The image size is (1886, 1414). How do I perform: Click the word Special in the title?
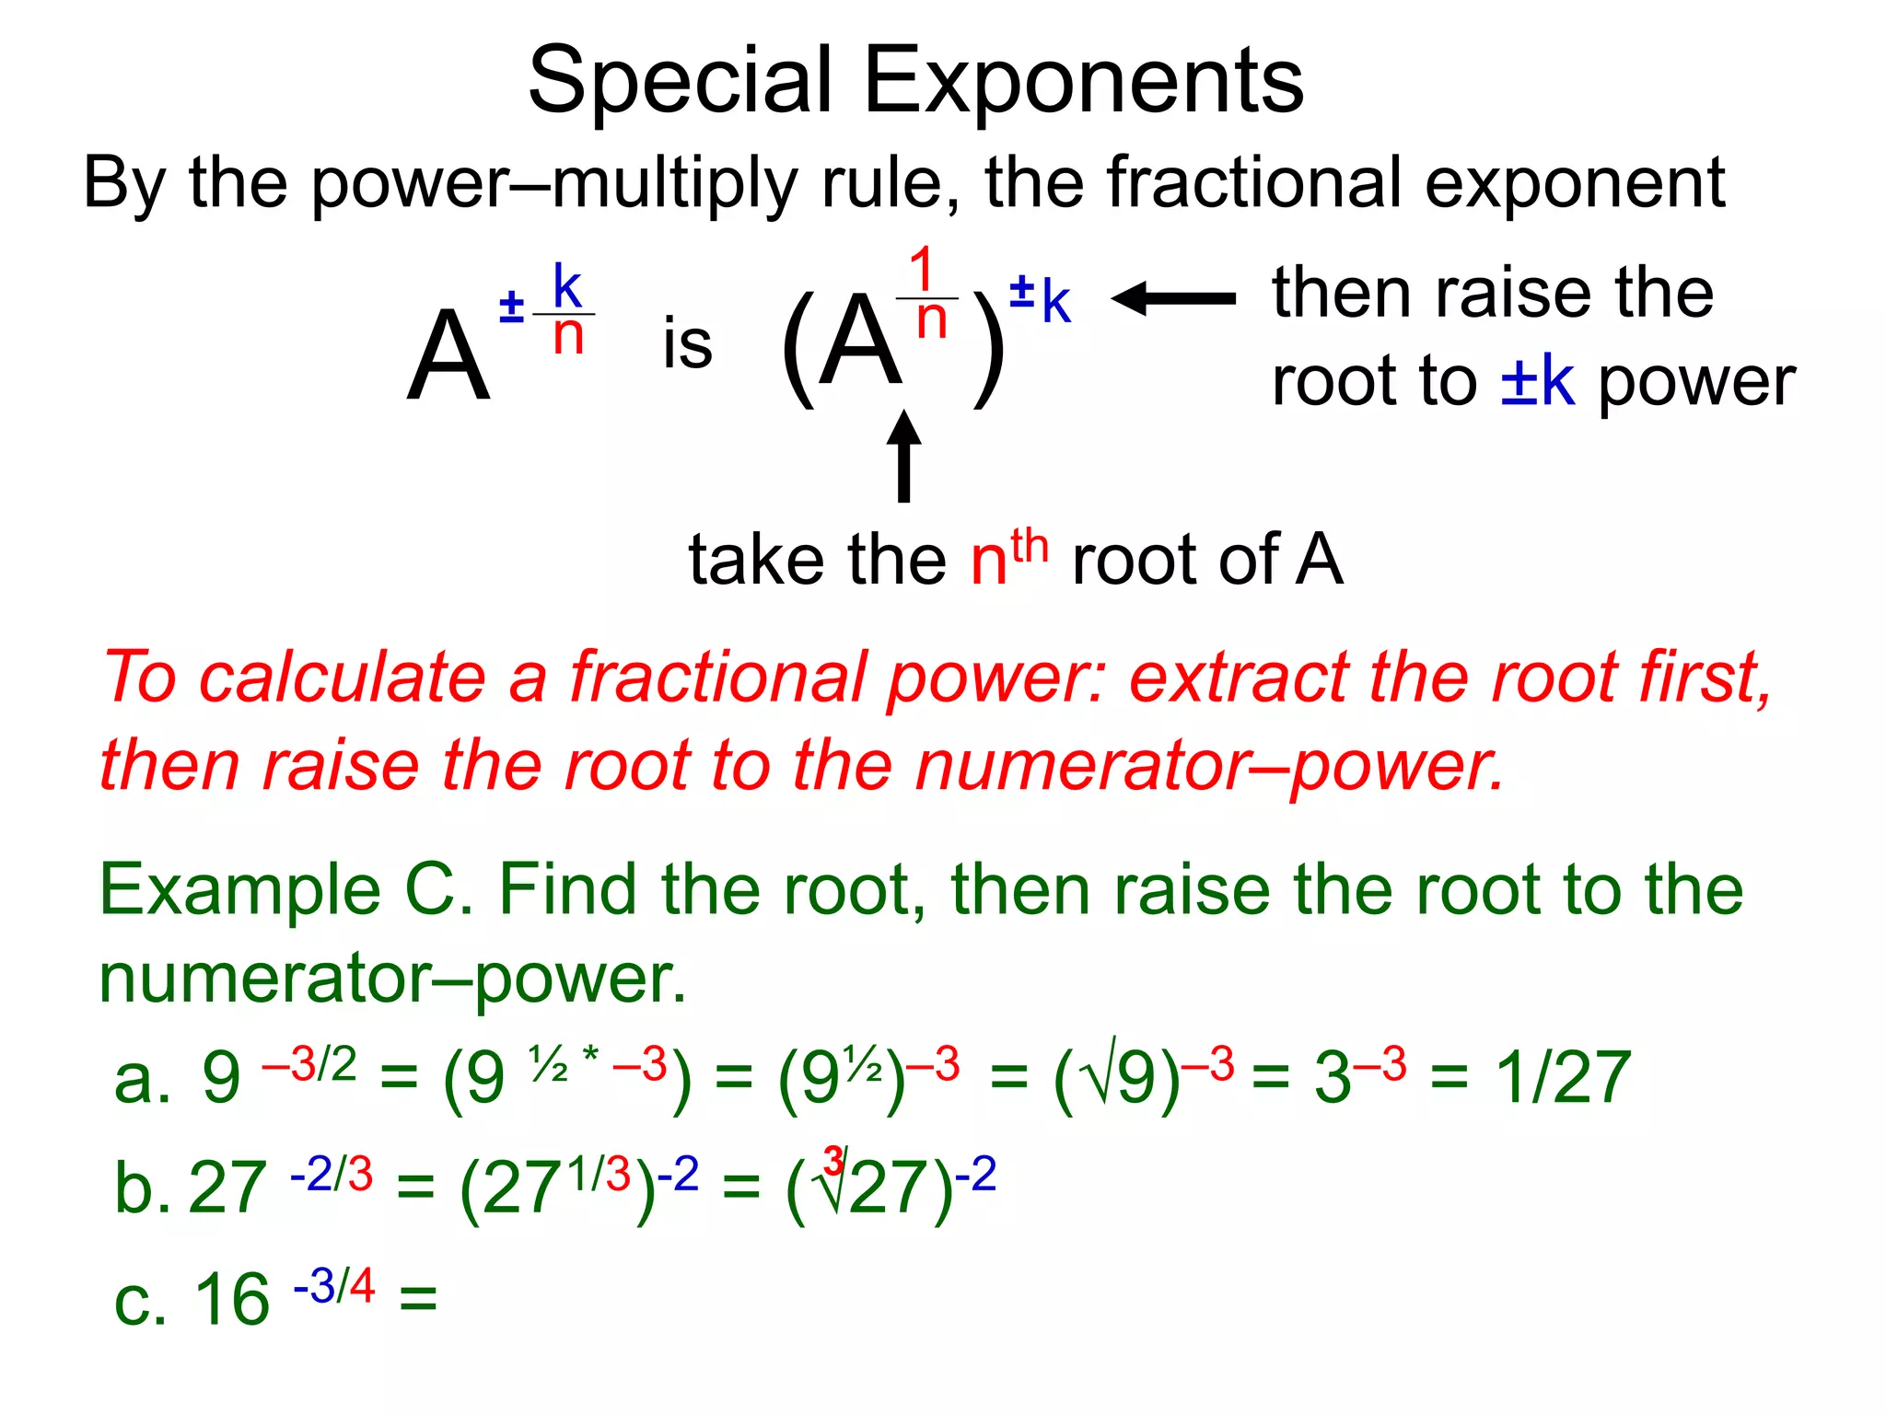pos(681,83)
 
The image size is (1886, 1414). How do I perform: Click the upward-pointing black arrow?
pos(903,456)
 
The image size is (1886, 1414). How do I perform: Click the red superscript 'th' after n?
pos(1029,546)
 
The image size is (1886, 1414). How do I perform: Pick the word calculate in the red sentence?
pos(343,678)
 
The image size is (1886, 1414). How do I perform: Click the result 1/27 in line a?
pos(1563,1077)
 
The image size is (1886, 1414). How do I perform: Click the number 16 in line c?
pos(232,1299)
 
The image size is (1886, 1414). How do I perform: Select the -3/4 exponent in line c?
pos(334,1285)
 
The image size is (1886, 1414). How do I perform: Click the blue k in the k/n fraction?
pos(567,286)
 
